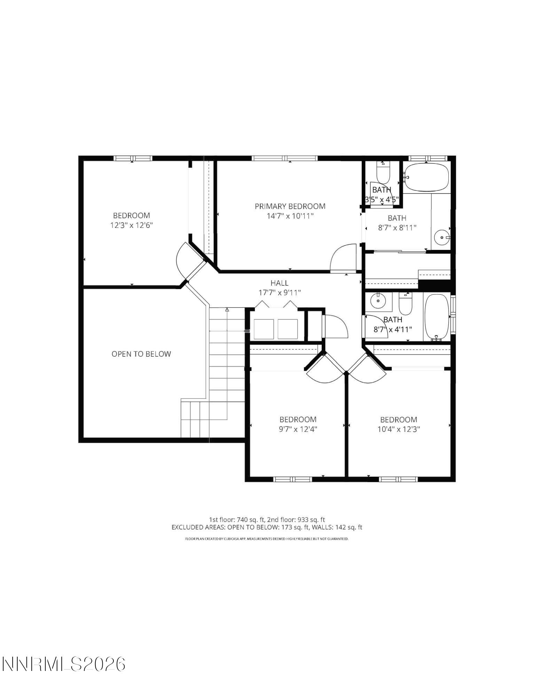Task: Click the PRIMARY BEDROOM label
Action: [x=290, y=206]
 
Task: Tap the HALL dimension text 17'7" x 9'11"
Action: [x=280, y=293]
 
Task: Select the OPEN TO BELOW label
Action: [x=141, y=354]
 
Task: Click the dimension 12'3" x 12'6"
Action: [x=132, y=225]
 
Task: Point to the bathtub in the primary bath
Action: [x=426, y=177]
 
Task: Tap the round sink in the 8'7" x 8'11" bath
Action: [x=442, y=238]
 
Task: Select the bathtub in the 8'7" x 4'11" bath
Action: [x=437, y=317]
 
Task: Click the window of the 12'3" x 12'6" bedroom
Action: [x=133, y=158]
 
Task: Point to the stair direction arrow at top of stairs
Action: [x=227, y=309]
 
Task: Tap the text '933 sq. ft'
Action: [x=311, y=520]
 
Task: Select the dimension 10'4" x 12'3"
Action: [x=399, y=429]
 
